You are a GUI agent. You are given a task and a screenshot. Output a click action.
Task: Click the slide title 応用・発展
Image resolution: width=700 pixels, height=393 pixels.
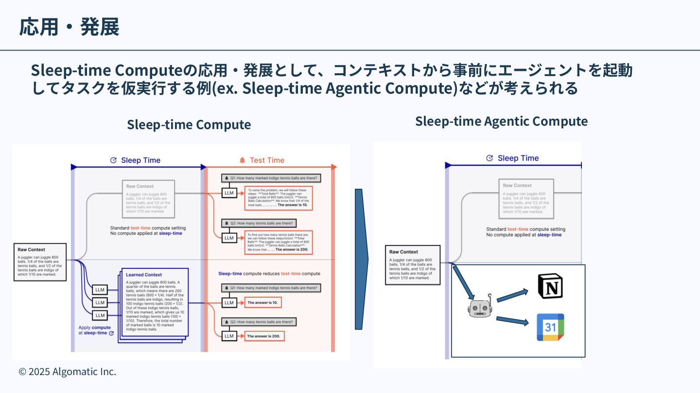[69, 27]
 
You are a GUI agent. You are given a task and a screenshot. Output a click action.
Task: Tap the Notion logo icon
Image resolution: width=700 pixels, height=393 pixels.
[550, 286]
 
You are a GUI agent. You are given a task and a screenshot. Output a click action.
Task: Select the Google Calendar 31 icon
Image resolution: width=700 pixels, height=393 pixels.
[550, 327]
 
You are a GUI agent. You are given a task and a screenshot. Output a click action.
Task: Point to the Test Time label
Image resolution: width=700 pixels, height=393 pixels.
[267, 160]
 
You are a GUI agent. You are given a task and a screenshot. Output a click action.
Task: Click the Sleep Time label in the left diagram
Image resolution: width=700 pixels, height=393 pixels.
[140, 160]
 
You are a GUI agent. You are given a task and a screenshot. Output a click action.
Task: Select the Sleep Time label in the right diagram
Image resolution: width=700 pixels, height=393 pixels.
[518, 158]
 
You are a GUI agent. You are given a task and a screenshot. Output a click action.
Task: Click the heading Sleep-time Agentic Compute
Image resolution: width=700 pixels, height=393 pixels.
[501, 121]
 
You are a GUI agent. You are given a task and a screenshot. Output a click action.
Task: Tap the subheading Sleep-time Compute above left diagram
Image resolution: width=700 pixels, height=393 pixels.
[189, 124]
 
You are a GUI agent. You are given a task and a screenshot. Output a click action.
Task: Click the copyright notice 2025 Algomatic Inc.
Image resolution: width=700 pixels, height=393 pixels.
[68, 372]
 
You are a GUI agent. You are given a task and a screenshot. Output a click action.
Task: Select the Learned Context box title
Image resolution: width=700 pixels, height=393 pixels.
[144, 275]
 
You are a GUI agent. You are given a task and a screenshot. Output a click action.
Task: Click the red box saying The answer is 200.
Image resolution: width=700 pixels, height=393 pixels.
[263, 336]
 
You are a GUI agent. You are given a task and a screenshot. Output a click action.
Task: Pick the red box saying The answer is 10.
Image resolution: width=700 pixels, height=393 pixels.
[263, 303]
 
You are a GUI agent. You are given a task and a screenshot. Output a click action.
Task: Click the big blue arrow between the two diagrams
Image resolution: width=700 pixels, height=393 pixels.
[360, 259]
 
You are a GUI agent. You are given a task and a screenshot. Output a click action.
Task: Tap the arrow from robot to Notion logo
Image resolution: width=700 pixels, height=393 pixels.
[512, 295]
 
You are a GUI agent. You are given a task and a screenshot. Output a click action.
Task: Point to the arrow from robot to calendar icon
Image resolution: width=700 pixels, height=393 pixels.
[512, 321]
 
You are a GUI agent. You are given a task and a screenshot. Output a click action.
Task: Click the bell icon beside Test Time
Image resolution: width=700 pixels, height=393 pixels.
[242, 160]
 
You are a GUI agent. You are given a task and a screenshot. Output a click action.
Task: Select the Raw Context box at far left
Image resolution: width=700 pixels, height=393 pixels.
[39, 262]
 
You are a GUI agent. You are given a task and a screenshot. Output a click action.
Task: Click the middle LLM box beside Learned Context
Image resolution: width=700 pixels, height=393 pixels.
[100, 303]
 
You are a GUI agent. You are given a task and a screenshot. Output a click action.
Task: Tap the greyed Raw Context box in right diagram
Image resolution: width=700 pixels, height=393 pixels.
[526, 198]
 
